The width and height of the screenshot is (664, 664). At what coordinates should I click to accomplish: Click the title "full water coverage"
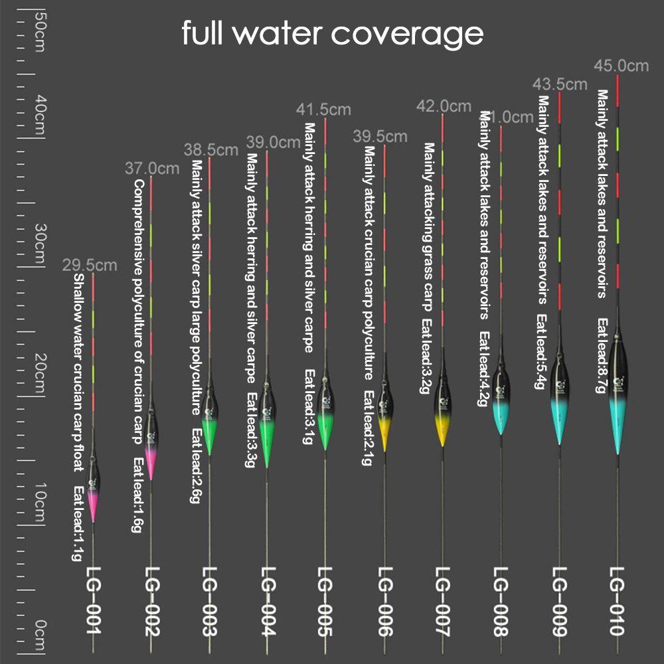[332, 33]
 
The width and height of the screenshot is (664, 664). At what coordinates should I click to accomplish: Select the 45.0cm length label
[622, 66]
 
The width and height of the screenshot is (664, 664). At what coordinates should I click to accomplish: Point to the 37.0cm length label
[152, 169]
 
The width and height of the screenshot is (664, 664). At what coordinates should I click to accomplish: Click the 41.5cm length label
[323, 109]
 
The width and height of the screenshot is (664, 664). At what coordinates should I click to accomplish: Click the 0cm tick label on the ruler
[39, 634]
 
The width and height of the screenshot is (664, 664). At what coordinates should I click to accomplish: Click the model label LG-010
[618, 601]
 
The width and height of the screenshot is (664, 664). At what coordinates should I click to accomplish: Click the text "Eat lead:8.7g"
[602, 355]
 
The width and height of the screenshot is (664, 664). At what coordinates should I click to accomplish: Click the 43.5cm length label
[561, 84]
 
